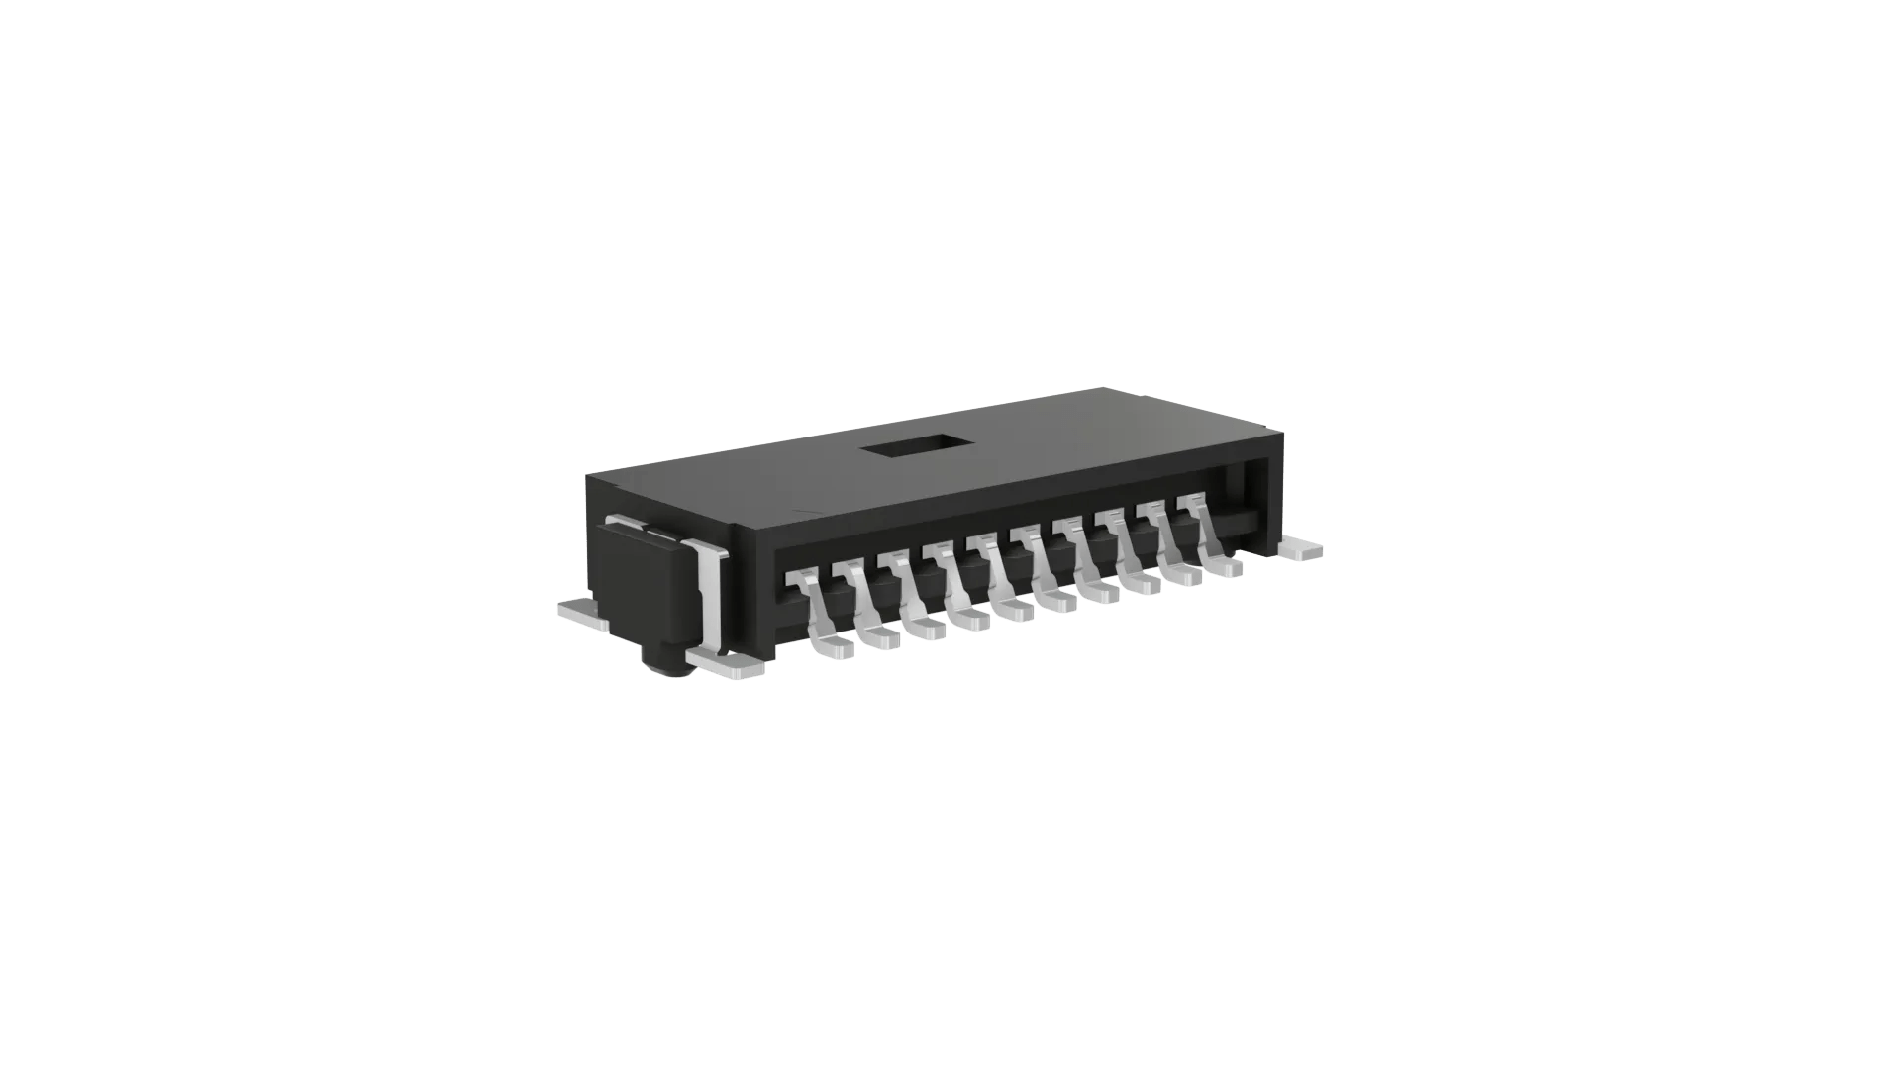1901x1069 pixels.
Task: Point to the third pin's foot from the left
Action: [928, 630]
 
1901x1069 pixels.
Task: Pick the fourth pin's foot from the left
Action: [974, 621]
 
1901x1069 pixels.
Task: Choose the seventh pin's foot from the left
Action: [1103, 594]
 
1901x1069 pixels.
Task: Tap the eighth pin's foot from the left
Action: [1144, 585]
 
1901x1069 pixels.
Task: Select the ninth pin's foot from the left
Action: [1184, 577]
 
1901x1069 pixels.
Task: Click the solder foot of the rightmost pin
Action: [1225, 569]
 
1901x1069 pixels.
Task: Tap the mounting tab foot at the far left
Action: [582, 613]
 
